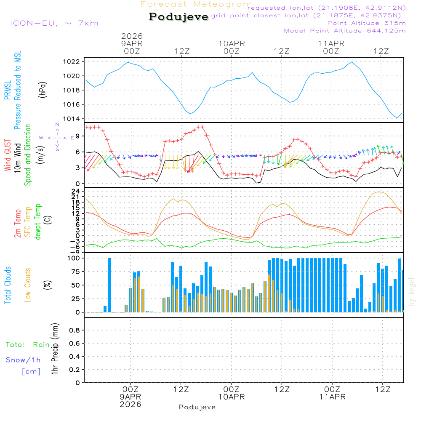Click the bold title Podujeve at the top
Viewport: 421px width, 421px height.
pyautogui.click(x=179, y=17)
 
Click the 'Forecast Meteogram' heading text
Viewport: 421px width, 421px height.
pyautogui.click(x=196, y=4)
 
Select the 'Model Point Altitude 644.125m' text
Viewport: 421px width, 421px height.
pyautogui.click(x=345, y=31)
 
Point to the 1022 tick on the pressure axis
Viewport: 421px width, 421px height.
pyautogui.click(x=74, y=61)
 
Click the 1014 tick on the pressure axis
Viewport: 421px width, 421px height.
pyautogui.click(x=74, y=119)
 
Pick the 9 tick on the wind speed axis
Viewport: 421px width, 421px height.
pyautogui.click(x=78, y=136)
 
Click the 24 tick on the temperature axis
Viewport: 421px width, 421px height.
pyautogui.click(x=77, y=191)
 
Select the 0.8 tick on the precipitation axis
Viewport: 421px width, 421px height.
pyautogui.click(x=75, y=330)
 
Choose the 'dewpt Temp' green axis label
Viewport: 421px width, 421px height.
pyautogui.click(x=38, y=222)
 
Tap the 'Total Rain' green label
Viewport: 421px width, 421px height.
pyautogui.click(x=28, y=345)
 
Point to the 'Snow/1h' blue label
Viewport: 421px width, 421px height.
pyautogui.click(x=24, y=360)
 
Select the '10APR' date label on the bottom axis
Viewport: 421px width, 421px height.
pyautogui.click(x=231, y=397)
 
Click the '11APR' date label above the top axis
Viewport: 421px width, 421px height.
pyautogui.click(x=331, y=43)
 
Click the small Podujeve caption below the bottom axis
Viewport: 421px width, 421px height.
pyautogui.click(x=197, y=407)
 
